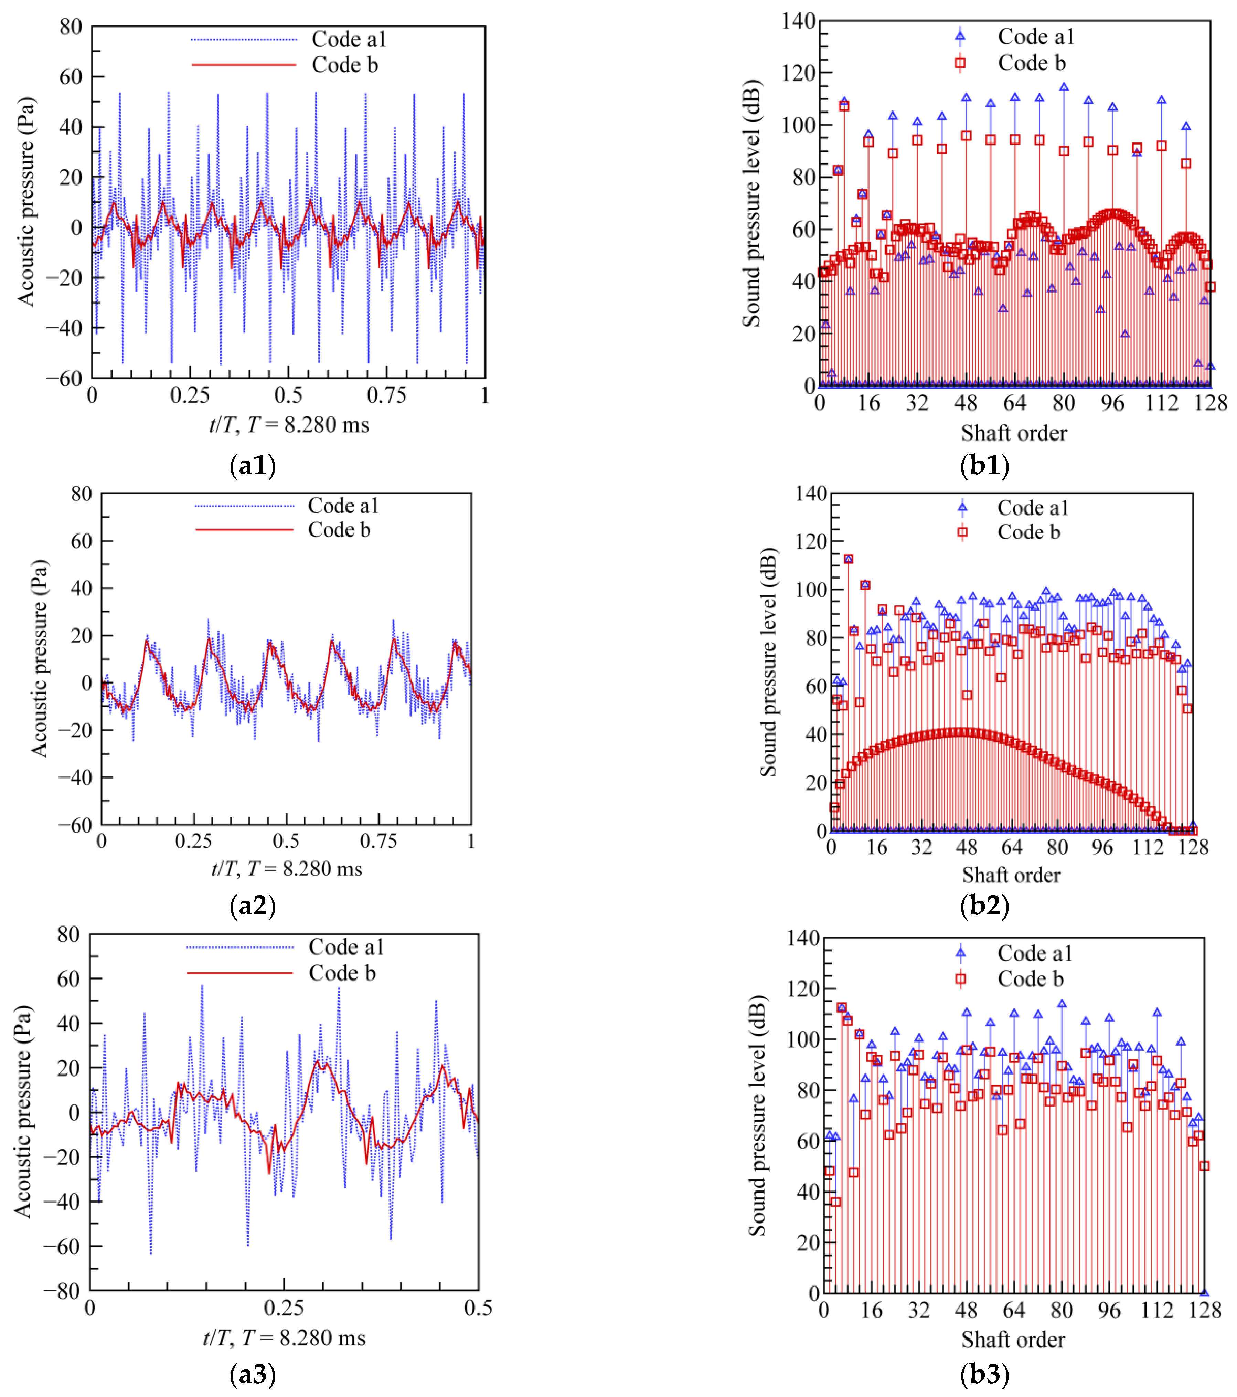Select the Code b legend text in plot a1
[x=344, y=65]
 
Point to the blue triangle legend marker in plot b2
[x=962, y=507]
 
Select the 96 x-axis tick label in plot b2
[x=1102, y=847]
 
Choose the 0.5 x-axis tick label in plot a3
[x=478, y=1308]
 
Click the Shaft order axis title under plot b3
[x=1013, y=1340]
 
